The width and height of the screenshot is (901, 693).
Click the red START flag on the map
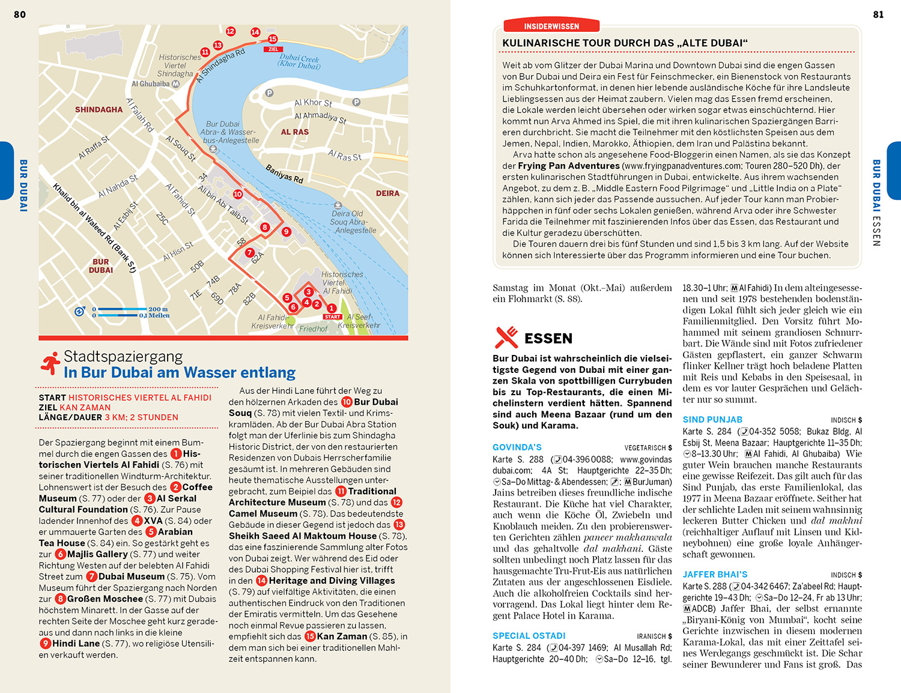coord(332,316)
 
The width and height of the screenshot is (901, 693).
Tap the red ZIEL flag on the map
coord(273,49)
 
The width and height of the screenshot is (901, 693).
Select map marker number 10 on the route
coord(238,194)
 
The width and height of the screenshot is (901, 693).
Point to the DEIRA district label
coord(387,193)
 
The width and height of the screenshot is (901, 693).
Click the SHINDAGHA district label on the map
coord(99,110)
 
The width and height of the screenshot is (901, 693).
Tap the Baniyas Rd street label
coord(284,174)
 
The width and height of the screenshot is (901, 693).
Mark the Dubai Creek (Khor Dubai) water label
coord(299,61)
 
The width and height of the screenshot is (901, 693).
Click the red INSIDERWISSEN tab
coord(551,26)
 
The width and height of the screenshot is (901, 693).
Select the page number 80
coord(20,14)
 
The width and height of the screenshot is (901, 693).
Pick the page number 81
coord(878,14)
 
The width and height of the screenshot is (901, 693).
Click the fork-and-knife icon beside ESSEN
coord(506,337)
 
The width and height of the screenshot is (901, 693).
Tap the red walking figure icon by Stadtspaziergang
coord(50,364)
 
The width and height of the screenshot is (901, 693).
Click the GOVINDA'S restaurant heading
coord(517,447)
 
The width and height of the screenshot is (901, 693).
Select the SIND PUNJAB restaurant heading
coord(712,420)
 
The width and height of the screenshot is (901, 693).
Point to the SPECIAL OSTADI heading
coord(529,636)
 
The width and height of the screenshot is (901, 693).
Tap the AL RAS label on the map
coord(295,132)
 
